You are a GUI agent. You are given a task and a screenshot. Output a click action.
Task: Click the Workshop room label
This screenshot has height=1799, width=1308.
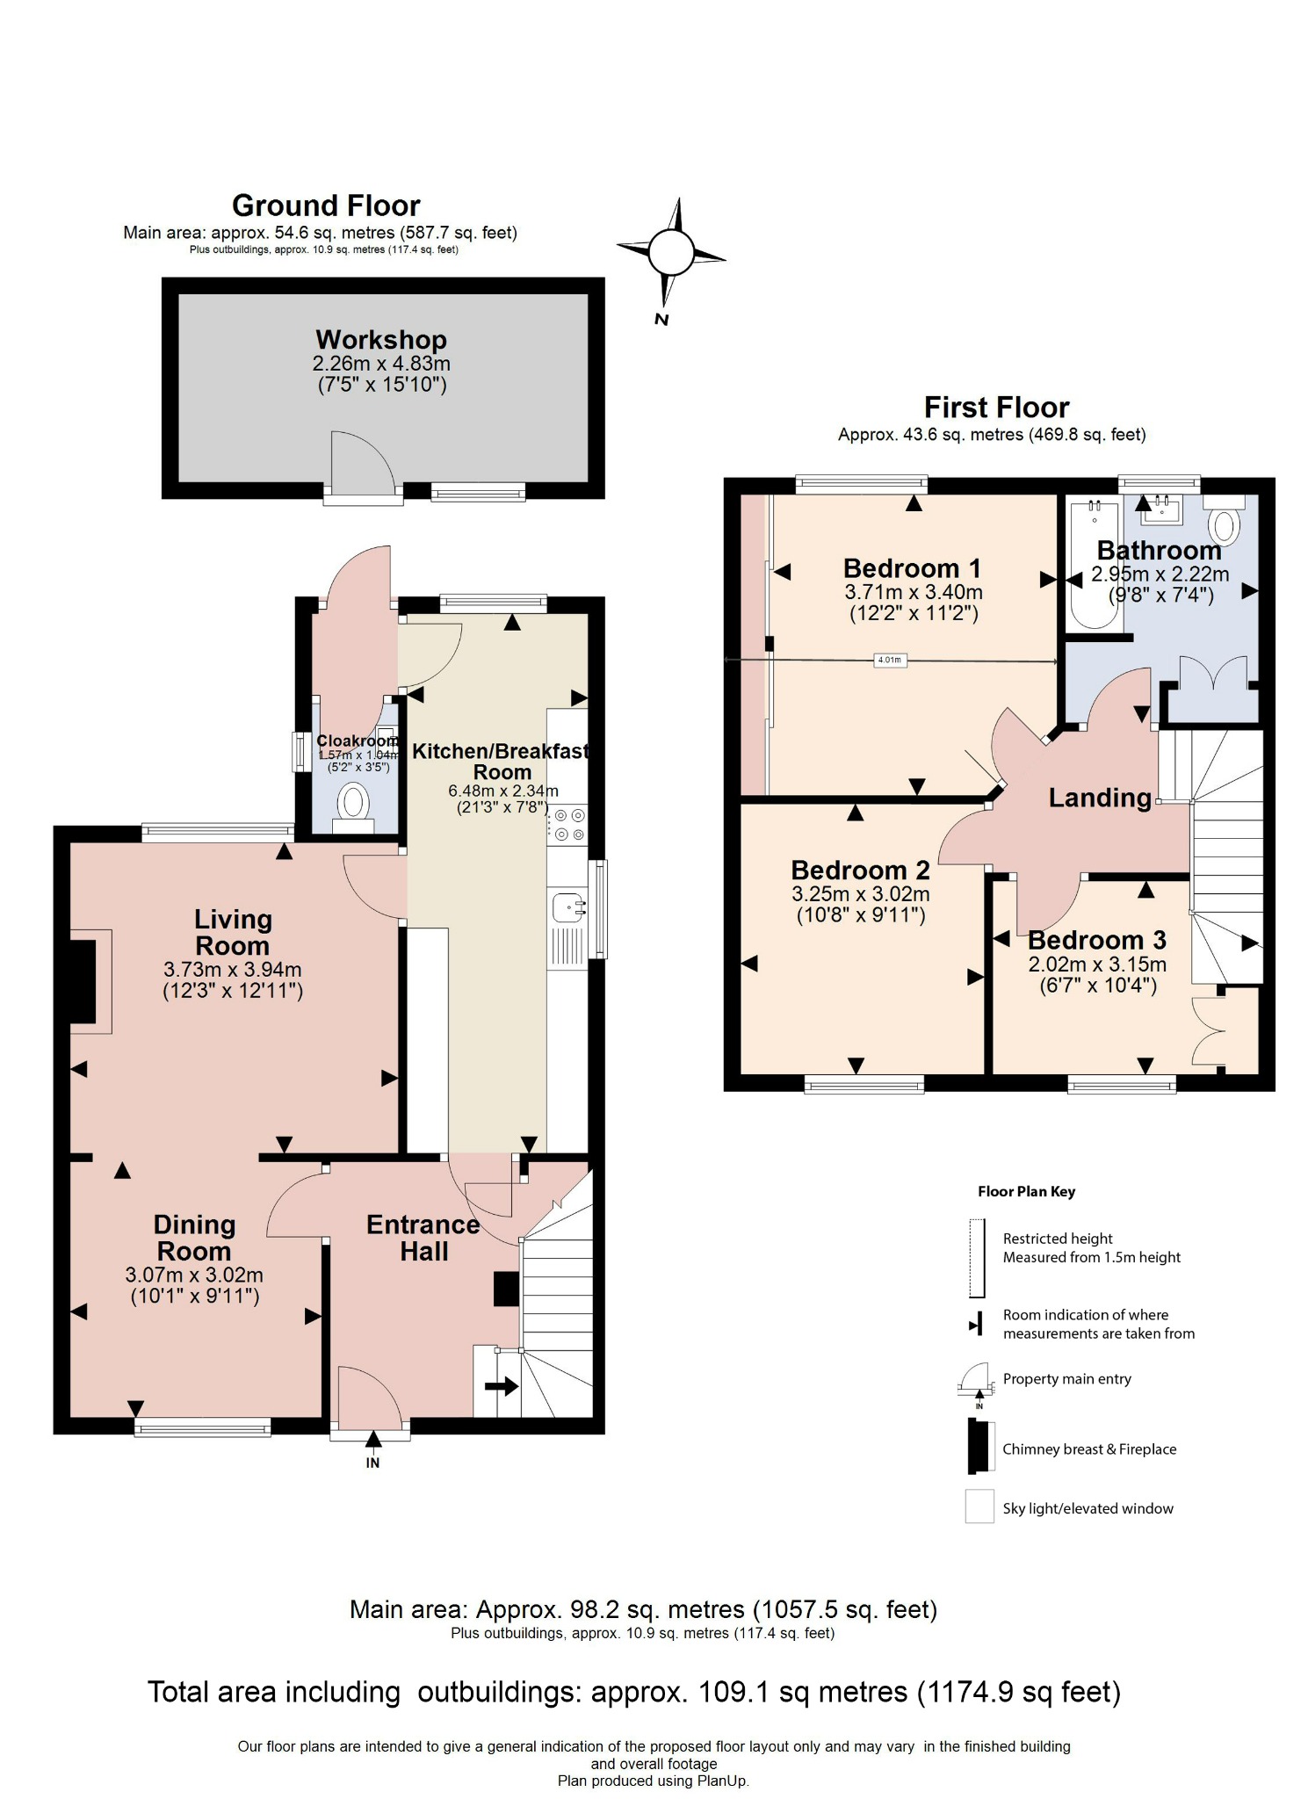[x=381, y=340]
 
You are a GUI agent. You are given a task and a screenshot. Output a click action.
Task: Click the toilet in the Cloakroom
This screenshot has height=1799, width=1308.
[x=354, y=802]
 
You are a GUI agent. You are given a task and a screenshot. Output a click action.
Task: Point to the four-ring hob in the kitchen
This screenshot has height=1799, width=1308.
[x=568, y=825]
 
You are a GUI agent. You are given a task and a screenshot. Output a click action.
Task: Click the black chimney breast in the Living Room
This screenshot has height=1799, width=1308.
[x=83, y=981]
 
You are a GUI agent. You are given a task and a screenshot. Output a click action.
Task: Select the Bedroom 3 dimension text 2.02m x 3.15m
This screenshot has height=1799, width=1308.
[x=1097, y=965]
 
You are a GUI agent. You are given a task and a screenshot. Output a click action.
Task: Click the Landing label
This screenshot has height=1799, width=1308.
[x=1100, y=798]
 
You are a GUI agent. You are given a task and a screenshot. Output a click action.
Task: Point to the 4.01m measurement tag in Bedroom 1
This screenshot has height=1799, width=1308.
[x=889, y=660]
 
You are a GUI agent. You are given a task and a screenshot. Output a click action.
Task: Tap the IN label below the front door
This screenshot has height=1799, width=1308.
[x=372, y=1463]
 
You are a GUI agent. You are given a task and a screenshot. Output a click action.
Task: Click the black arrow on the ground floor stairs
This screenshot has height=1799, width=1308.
[x=502, y=1386]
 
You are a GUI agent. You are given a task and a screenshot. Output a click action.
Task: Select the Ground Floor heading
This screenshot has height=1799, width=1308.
[x=326, y=206]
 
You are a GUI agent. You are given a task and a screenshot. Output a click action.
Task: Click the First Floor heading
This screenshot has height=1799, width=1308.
[x=996, y=408]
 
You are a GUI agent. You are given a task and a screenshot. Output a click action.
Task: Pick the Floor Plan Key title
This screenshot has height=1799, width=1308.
[x=1026, y=1191]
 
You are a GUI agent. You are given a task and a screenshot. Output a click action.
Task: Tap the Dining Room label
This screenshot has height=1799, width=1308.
[x=194, y=1238]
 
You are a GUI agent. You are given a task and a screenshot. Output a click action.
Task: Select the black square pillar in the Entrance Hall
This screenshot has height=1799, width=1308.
[x=506, y=1289]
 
